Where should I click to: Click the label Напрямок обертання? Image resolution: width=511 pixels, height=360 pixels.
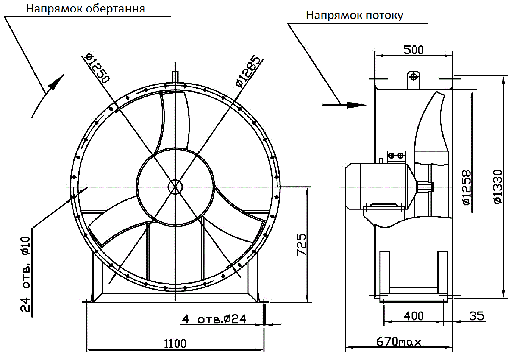[85, 9]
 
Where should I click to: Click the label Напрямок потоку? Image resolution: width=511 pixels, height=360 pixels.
[354, 16]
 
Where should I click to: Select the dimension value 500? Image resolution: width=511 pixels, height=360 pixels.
[413, 50]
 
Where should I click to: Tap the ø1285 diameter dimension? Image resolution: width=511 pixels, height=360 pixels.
[248, 72]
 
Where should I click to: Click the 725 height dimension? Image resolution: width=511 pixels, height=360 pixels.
[302, 244]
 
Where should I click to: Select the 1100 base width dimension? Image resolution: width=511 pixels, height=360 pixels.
[175, 343]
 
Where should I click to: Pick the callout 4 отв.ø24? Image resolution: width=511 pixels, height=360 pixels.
[214, 319]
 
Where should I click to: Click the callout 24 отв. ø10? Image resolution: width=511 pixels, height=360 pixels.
[25, 274]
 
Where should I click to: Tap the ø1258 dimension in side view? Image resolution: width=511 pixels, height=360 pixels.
[467, 187]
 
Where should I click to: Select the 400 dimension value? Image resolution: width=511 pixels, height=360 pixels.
[413, 316]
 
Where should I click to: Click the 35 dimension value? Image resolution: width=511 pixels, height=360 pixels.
[477, 316]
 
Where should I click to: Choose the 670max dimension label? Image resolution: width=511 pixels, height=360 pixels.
[398, 342]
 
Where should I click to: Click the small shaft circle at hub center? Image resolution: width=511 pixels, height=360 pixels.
[175, 187]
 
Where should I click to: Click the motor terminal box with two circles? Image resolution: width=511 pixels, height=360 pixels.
[396, 156]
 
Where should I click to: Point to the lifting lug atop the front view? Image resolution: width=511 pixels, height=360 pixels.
[175, 76]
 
